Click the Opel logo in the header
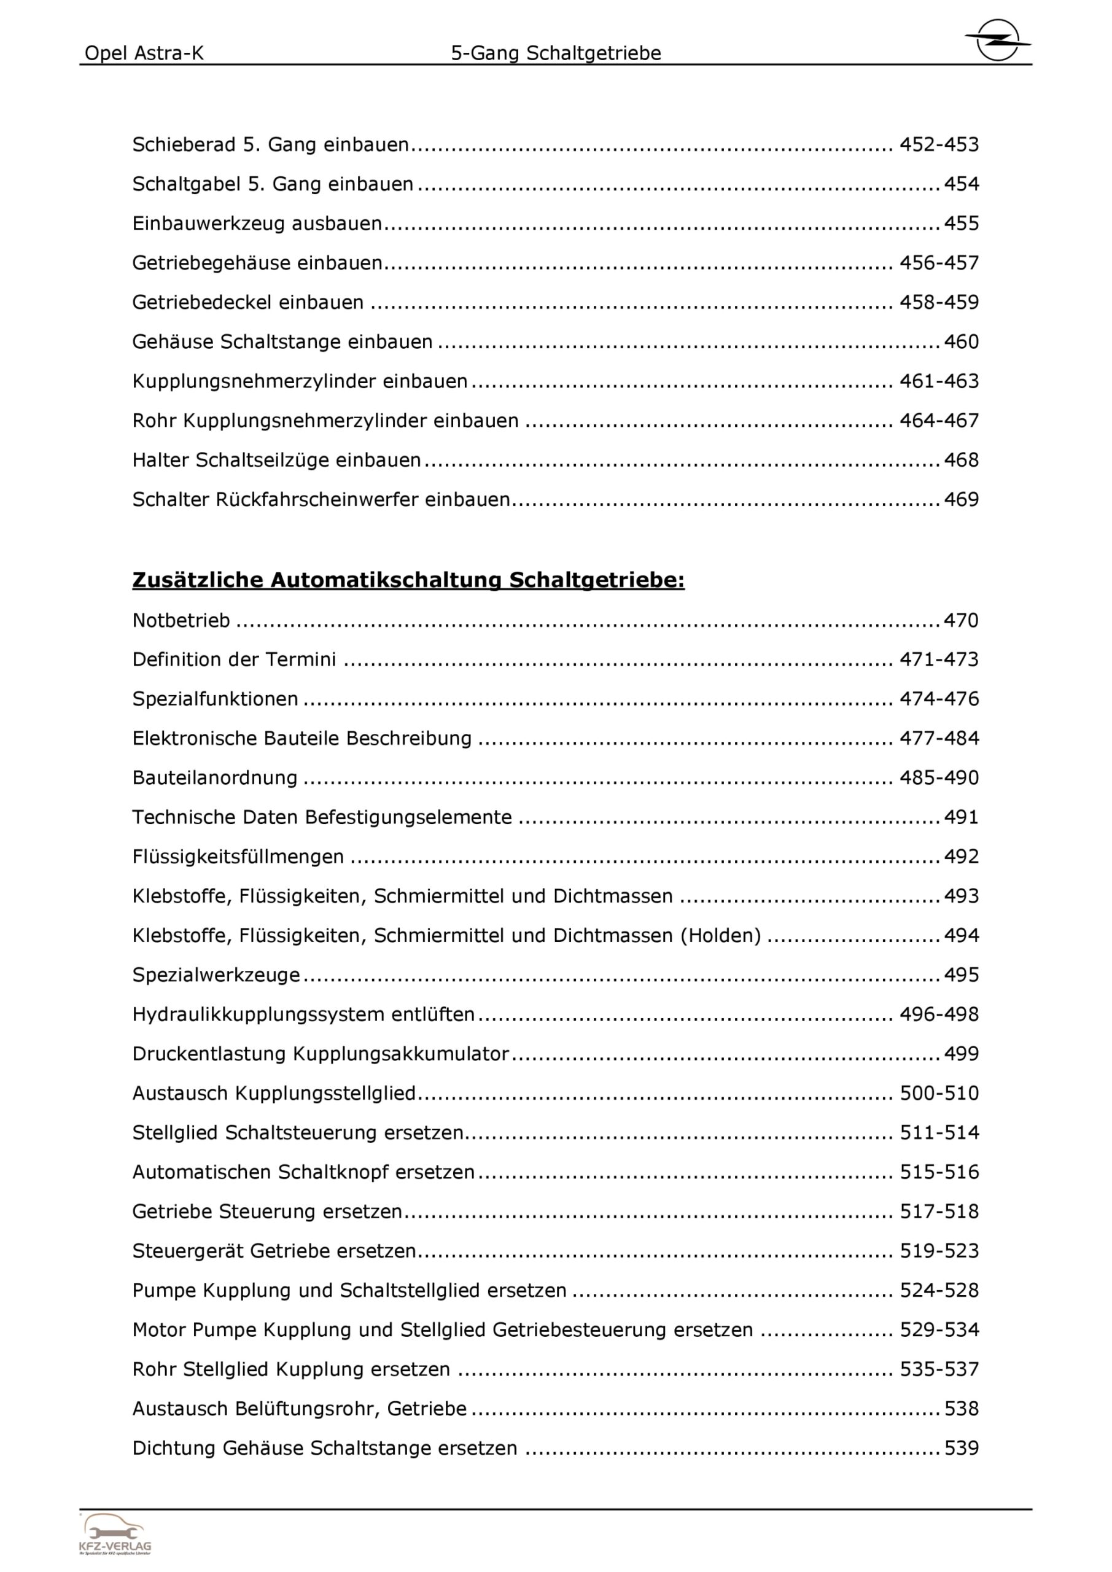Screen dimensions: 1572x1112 997,41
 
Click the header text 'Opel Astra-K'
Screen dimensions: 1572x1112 144,53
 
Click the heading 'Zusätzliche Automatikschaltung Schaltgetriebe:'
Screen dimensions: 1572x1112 408,580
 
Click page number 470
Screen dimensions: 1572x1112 961,620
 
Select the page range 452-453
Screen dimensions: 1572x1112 939,144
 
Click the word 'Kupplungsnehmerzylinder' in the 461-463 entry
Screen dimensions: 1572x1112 254,381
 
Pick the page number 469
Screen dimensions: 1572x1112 961,500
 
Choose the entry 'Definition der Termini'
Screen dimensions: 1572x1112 234,660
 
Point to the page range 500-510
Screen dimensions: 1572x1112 939,1093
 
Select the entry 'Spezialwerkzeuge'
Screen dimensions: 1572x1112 216,975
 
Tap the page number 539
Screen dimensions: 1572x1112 961,1448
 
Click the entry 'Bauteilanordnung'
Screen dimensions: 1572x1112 215,778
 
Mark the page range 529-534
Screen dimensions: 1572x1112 939,1329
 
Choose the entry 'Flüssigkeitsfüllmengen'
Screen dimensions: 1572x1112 238,857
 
